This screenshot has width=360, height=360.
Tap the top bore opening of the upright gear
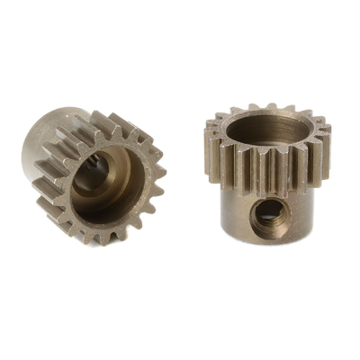tap(265, 130)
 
